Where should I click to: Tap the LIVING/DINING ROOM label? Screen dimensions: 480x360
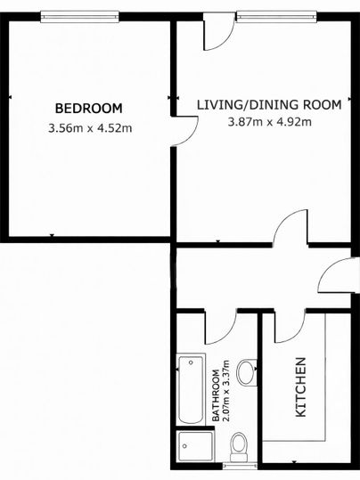[x=269, y=104]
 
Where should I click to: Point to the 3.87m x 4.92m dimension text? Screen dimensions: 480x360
[x=269, y=122]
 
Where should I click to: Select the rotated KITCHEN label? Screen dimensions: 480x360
[x=301, y=387]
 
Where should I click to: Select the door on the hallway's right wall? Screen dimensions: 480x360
[x=332, y=273]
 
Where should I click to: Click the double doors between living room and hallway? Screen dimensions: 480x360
[x=290, y=230]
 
